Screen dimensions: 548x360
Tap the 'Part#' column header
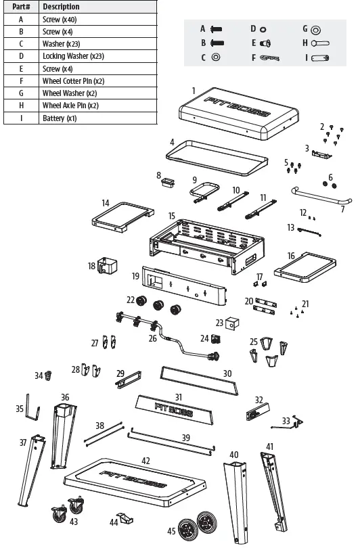click(x=21, y=7)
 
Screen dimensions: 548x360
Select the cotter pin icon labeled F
click(x=269, y=58)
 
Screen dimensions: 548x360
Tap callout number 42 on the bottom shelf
click(x=145, y=461)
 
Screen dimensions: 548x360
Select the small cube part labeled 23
click(x=233, y=324)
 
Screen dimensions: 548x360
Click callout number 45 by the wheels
click(x=171, y=532)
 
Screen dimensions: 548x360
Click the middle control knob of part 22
click(x=160, y=306)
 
